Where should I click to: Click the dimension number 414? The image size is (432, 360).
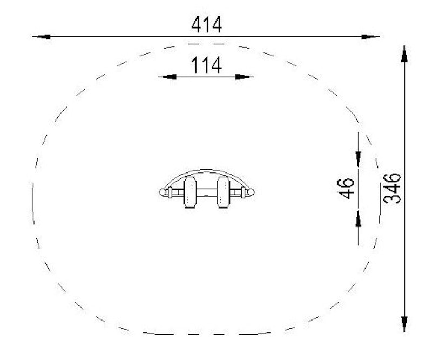click(x=207, y=25)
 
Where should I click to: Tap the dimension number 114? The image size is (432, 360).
click(x=207, y=65)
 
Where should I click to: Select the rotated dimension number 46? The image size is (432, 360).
click(x=346, y=189)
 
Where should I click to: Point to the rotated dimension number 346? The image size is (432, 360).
click(x=392, y=189)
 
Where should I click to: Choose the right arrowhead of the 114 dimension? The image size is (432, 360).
click(x=242, y=77)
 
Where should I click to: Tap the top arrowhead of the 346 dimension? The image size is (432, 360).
click(x=404, y=55)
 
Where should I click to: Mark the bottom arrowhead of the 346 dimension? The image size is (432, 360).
click(x=404, y=323)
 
